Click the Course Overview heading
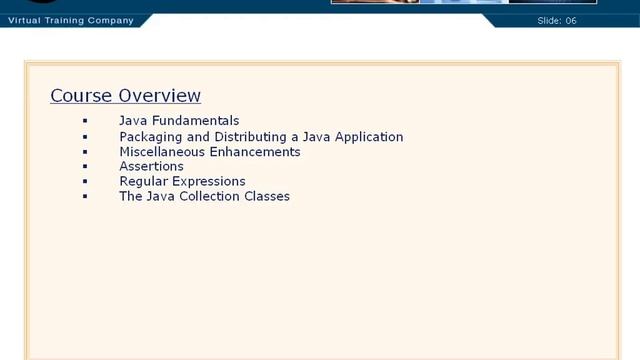point(125,96)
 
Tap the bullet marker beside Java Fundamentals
point(86,121)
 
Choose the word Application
point(366,137)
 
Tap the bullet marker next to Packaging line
point(86,137)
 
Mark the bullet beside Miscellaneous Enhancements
point(86,152)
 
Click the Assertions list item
point(151,167)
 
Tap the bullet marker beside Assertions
point(86,167)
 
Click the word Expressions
point(210,182)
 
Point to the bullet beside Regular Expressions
point(86,182)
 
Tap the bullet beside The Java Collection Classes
point(86,197)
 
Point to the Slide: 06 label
point(574,20)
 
